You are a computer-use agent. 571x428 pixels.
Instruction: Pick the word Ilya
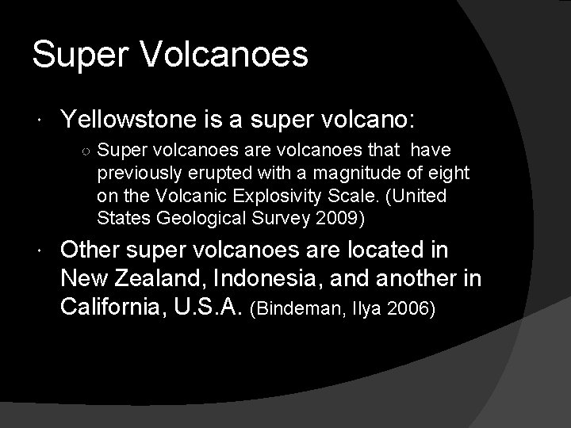(364, 308)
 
